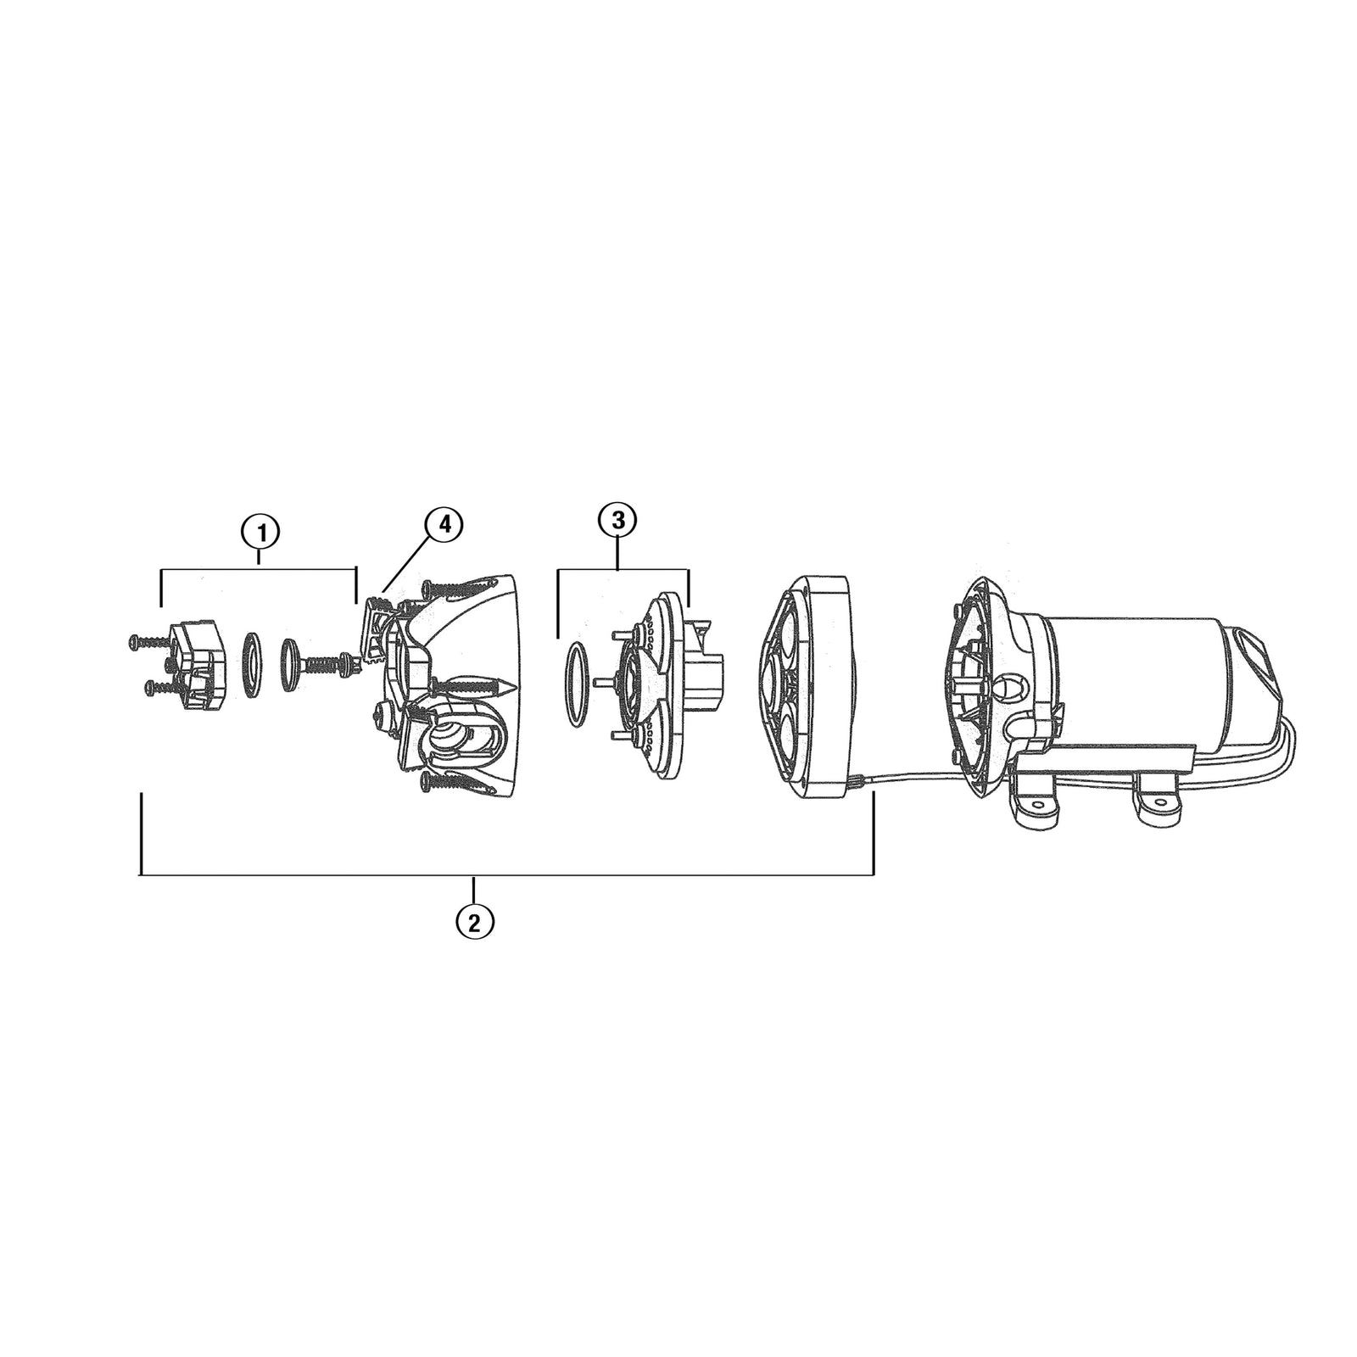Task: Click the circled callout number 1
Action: pyautogui.click(x=260, y=533)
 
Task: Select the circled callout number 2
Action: pyautogui.click(x=475, y=920)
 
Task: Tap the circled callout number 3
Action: pyautogui.click(x=618, y=520)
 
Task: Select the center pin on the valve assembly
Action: pyautogui.click(x=603, y=680)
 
